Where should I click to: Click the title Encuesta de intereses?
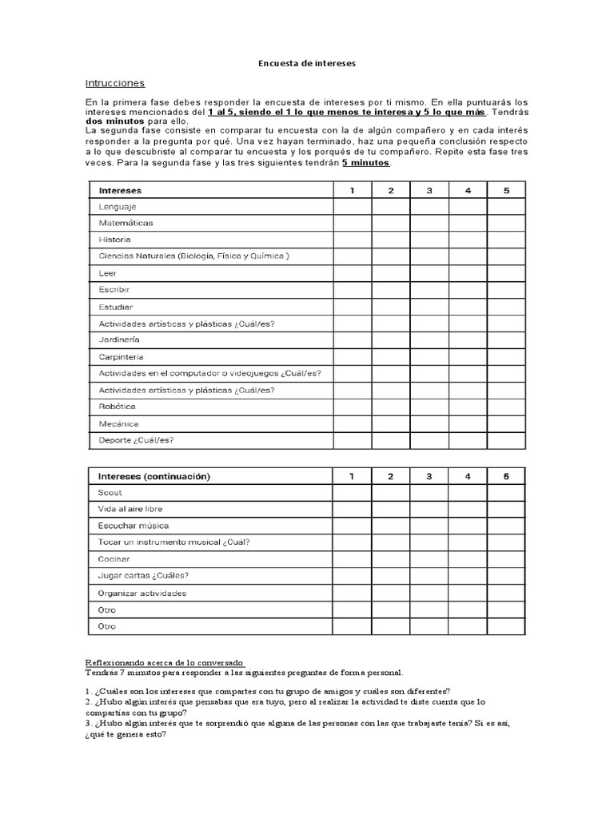(x=307, y=62)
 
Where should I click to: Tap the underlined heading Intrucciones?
(x=115, y=83)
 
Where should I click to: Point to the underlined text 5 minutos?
(x=365, y=162)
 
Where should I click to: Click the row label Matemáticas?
(x=126, y=223)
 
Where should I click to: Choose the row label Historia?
(x=115, y=240)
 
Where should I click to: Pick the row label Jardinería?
(x=119, y=340)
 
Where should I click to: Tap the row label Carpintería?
(x=122, y=357)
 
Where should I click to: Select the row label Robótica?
(x=117, y=407)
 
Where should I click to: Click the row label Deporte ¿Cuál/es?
(x=136, y=440)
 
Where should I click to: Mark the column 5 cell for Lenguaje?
(x=506, y=207)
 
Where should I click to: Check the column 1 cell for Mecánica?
(x=352, y=423)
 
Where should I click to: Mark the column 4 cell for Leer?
(x=468, y=273)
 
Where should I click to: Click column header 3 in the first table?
(x=429, y=190)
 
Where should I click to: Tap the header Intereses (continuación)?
(x=154, y=476)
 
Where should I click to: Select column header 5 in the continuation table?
(x=506, y=476)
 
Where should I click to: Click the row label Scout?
(x=110, y=493)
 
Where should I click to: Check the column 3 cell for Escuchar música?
(x=429, y=526)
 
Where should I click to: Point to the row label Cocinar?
(x=114, y=559)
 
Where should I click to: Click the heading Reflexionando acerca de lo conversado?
(x=164, y=662)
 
